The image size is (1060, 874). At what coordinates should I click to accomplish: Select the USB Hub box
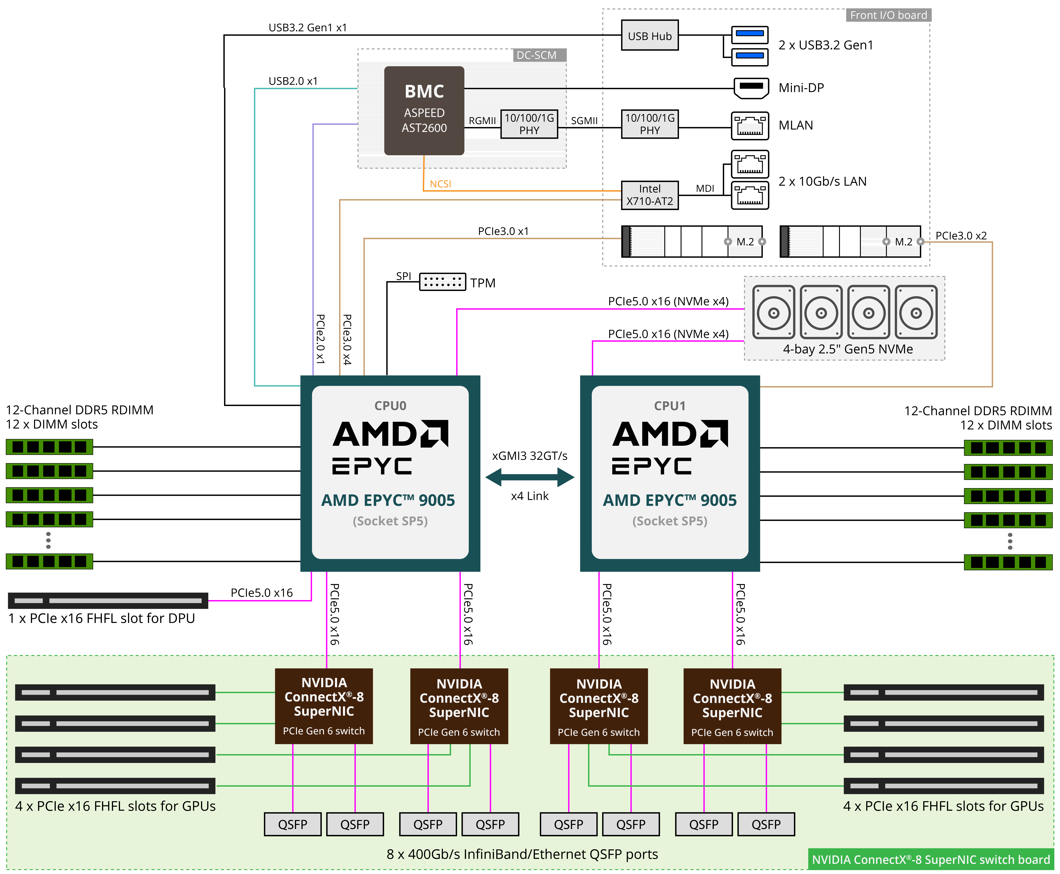[649, 36]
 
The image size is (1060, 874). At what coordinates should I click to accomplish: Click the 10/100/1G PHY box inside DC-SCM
[529, 124]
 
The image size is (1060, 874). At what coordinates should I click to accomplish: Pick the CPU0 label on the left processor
[390, 406]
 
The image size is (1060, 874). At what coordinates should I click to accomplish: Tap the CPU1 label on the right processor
[669, 406]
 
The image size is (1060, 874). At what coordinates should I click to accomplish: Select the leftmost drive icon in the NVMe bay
[774, 312]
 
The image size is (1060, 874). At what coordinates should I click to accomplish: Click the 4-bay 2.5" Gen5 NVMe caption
[848, 349]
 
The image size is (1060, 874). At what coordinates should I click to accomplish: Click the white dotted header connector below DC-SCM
[442, 282]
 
